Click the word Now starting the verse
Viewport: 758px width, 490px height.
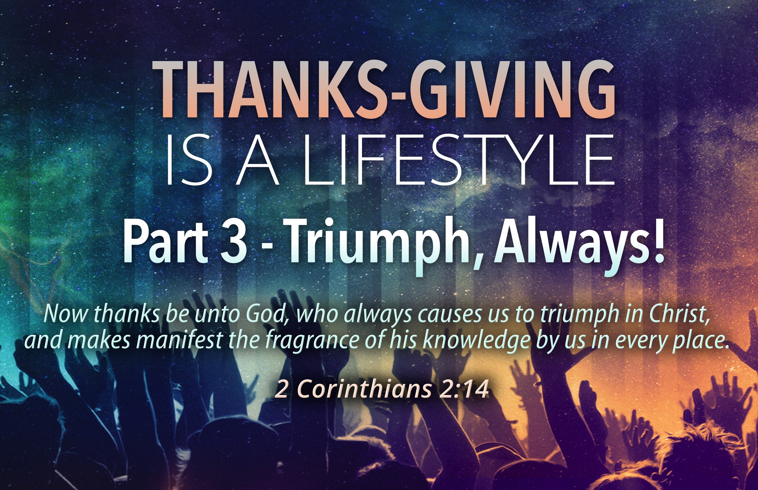pyautogui.click(x=66, y=314)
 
